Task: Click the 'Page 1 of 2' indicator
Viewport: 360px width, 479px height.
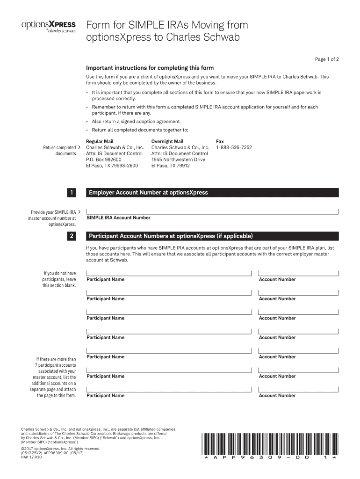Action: pyautogui.click(x=326, y=59)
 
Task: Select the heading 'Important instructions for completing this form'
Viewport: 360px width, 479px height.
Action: pyautogui.click(x=147, y=67)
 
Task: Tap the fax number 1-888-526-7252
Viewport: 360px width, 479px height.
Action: pyautogui.click(x=234, y=147)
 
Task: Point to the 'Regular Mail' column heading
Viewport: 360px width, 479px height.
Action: pyautogui.click(x=100, y=141)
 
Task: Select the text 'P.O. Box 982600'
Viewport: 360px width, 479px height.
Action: pyautogui.click(x=104, y=160)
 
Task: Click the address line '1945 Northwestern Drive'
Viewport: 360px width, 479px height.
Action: pyautogui.click(x=178, y=160)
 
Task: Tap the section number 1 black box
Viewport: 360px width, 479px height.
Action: pyautogui.click(x=71, y=192)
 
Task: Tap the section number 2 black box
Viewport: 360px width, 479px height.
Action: pyautogui.click(x=71, y=236)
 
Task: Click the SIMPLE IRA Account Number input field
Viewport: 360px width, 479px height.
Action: pyautogui.click(x=212, y=210)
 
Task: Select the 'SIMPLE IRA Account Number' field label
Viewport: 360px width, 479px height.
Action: pyautogui.click(x=119, y=218)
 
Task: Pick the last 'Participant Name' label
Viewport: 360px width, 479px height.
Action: pyautogui.click(x=106, y=395)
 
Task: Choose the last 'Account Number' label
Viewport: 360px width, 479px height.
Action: pyautogui.click(x=277, y=395)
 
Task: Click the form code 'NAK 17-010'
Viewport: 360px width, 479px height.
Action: pyautogui.click(x=31, y=457)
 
